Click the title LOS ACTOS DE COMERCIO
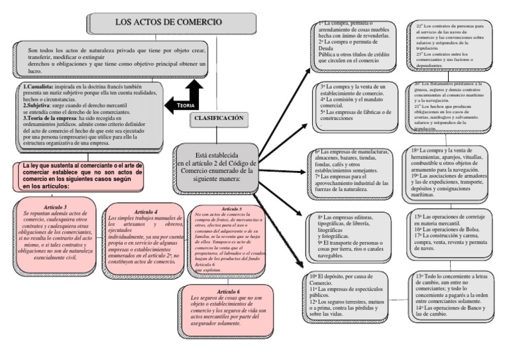click(168, 22)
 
